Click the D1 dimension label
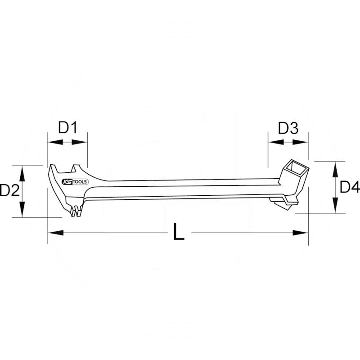click(x=67, y=128)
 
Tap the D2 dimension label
click(x=9, y=191)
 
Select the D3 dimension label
click(x=288, y=129)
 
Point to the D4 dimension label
click(x=349, y=187)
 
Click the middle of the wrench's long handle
click(x=180, y=188)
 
